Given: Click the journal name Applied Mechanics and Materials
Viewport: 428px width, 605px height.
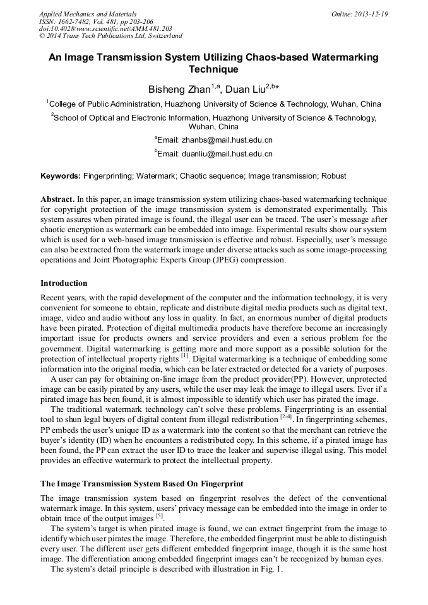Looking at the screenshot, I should coord(88,14).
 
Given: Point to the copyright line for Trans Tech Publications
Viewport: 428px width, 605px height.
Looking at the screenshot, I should coord(110,37).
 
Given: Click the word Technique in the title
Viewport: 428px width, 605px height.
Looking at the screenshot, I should coord(213,69).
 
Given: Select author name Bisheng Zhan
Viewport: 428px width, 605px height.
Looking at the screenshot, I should coord(179,89).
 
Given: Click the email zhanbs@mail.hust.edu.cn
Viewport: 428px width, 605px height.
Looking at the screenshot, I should coord(227,140).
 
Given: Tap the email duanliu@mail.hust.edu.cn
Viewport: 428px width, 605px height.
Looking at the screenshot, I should coord(227,153).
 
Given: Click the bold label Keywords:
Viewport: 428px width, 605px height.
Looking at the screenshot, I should coord(61,176).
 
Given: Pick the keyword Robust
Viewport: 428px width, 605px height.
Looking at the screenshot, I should coord(334,176).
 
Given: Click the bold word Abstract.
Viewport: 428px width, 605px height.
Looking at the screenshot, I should coord(57,199).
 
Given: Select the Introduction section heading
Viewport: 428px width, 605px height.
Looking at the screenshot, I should coord(64,283).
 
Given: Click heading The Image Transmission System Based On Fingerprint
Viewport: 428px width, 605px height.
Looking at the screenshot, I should coord(141,485).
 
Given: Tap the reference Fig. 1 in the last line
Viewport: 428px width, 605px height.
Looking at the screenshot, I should coord(272,569).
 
